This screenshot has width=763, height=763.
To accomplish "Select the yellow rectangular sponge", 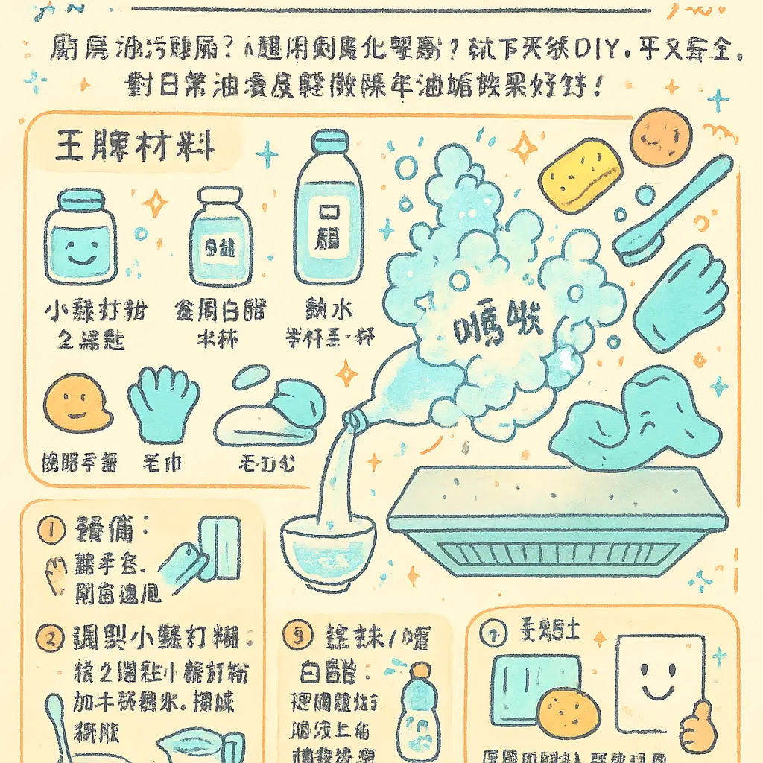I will point(581,173).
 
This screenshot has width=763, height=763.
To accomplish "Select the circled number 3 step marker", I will point(297,636).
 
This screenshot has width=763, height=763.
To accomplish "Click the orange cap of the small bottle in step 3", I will point(420,669).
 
